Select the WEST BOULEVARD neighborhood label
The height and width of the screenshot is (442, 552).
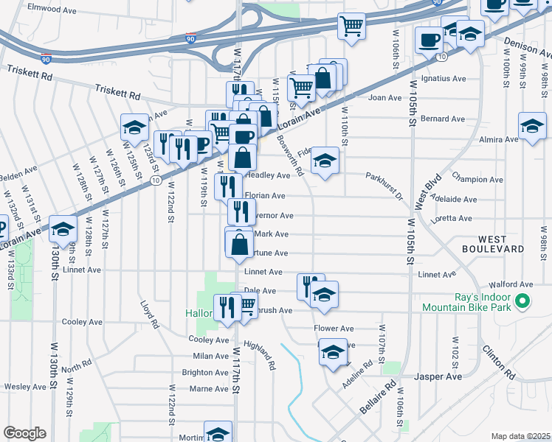tap(503, 245)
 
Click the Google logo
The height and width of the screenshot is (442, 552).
tap(24, 433)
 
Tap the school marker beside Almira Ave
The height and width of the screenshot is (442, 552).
tap(532, 124)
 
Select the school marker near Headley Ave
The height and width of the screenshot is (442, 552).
tap(325, 160)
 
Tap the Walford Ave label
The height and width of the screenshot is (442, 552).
tap(516, 284)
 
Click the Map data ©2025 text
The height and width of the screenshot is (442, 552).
tap(520, 436)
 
